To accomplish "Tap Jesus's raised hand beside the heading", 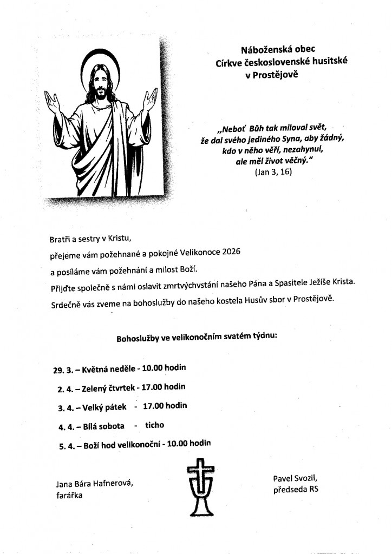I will pyautogui.click(x=149, y=100).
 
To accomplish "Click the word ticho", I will pyautogui.click(x=154, y=425).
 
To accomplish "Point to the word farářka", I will pyautogui.click(x=69, y=494).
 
